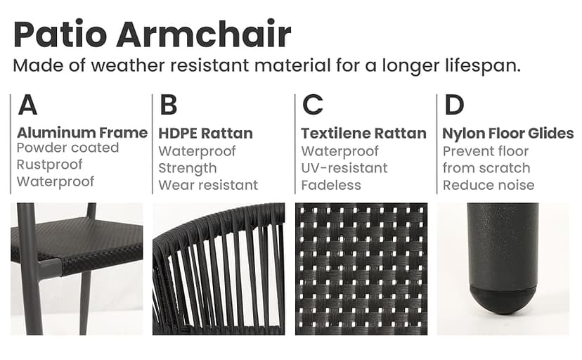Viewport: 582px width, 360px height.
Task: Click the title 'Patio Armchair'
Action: tap(152, 34)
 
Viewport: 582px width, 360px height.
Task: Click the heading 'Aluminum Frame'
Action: tap(82, 133)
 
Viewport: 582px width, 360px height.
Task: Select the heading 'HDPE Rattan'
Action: tap(205, 134)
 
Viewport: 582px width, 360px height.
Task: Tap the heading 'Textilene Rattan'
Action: tap(363, 134)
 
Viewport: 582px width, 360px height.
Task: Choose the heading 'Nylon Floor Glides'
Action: tap(507, 134)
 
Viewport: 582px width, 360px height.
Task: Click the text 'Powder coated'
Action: tap(67, 148)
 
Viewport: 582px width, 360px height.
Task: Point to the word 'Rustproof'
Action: tap(49, 165)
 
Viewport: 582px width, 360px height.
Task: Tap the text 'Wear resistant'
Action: tap(208, 186)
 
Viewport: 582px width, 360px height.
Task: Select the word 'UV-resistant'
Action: tap(344, 169)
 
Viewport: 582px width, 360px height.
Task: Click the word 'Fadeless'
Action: tap(331, 186)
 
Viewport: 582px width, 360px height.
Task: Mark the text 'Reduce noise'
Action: tap(488, 186)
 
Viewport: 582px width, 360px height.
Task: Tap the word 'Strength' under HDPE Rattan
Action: tap(187, 169)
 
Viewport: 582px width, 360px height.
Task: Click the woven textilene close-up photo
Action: tap(361, 269)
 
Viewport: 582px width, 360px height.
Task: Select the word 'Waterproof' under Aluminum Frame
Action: tap(55, 181)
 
